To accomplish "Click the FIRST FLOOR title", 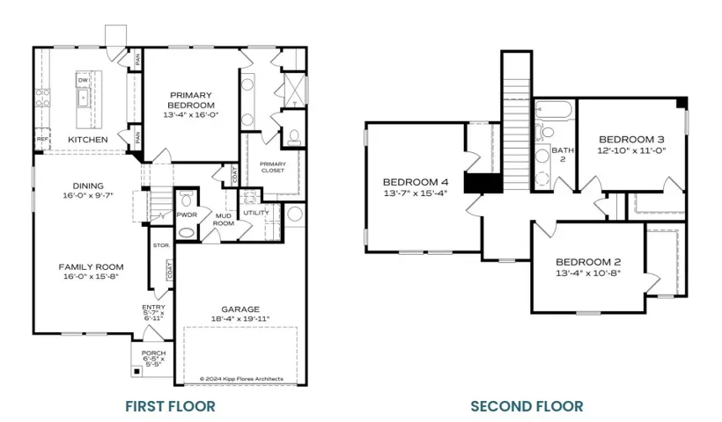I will pos(169,406).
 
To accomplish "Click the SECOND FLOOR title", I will pos(527,406).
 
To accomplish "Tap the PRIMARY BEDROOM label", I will pos(191,99).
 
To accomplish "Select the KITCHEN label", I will pos(88,140).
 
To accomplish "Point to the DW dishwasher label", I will pos(82,80).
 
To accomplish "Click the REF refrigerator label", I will pos(42,139).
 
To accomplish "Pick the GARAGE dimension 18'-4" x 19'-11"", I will pos(240,318).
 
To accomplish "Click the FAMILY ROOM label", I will pos(91,266).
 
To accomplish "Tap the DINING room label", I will pos(88,186).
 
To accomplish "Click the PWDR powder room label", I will pos(186,213).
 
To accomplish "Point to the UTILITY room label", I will pos(256,213).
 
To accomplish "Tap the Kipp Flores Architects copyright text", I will pos(241,379).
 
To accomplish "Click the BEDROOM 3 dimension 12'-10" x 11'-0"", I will pos(631,150).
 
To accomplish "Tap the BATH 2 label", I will pos(563,155).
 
